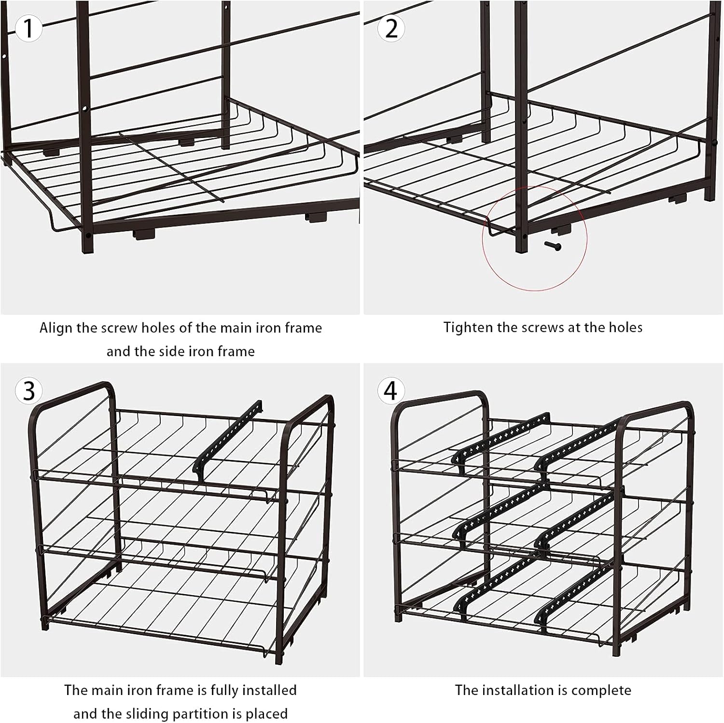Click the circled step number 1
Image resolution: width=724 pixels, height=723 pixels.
point(28,28)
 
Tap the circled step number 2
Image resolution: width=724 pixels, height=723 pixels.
point(391,28)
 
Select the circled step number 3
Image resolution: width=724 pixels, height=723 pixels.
point(28,390)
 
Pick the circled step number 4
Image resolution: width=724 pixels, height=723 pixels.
point(390,390)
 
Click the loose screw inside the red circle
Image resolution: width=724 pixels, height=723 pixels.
point(553,246)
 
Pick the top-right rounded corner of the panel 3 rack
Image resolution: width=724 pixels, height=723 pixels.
point(330,402)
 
